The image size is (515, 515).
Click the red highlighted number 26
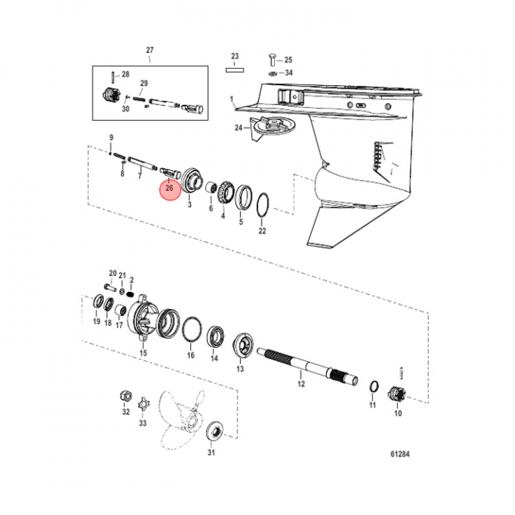click(170, 188)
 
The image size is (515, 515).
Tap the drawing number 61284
click(400, 454)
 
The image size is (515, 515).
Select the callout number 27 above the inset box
click(149, 50)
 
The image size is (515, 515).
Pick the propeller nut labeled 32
click(126, 396)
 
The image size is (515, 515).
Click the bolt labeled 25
click(273, 60)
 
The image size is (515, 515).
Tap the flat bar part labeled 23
click(235, 70)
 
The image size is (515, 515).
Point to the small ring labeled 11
click(374, 386)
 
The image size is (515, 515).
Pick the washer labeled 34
click(273, 73)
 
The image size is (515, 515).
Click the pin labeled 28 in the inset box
click(113, 77)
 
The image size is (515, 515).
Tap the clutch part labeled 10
click(398, 393)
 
